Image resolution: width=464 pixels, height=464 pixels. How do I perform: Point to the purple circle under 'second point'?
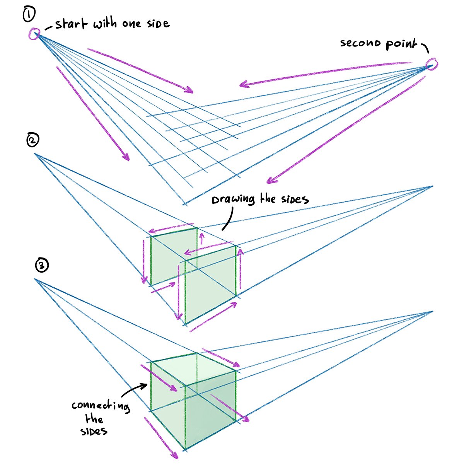point(432,65)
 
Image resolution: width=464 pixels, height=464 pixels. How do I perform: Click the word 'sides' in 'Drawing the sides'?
point(295,200)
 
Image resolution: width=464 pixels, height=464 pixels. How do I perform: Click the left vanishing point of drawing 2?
point(36,154)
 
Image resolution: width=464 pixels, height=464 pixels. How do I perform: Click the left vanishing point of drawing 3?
point(35,279)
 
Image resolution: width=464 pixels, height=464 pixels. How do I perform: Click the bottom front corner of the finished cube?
point(185,450)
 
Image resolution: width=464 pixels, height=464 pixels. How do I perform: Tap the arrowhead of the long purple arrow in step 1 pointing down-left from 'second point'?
point(270,181)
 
